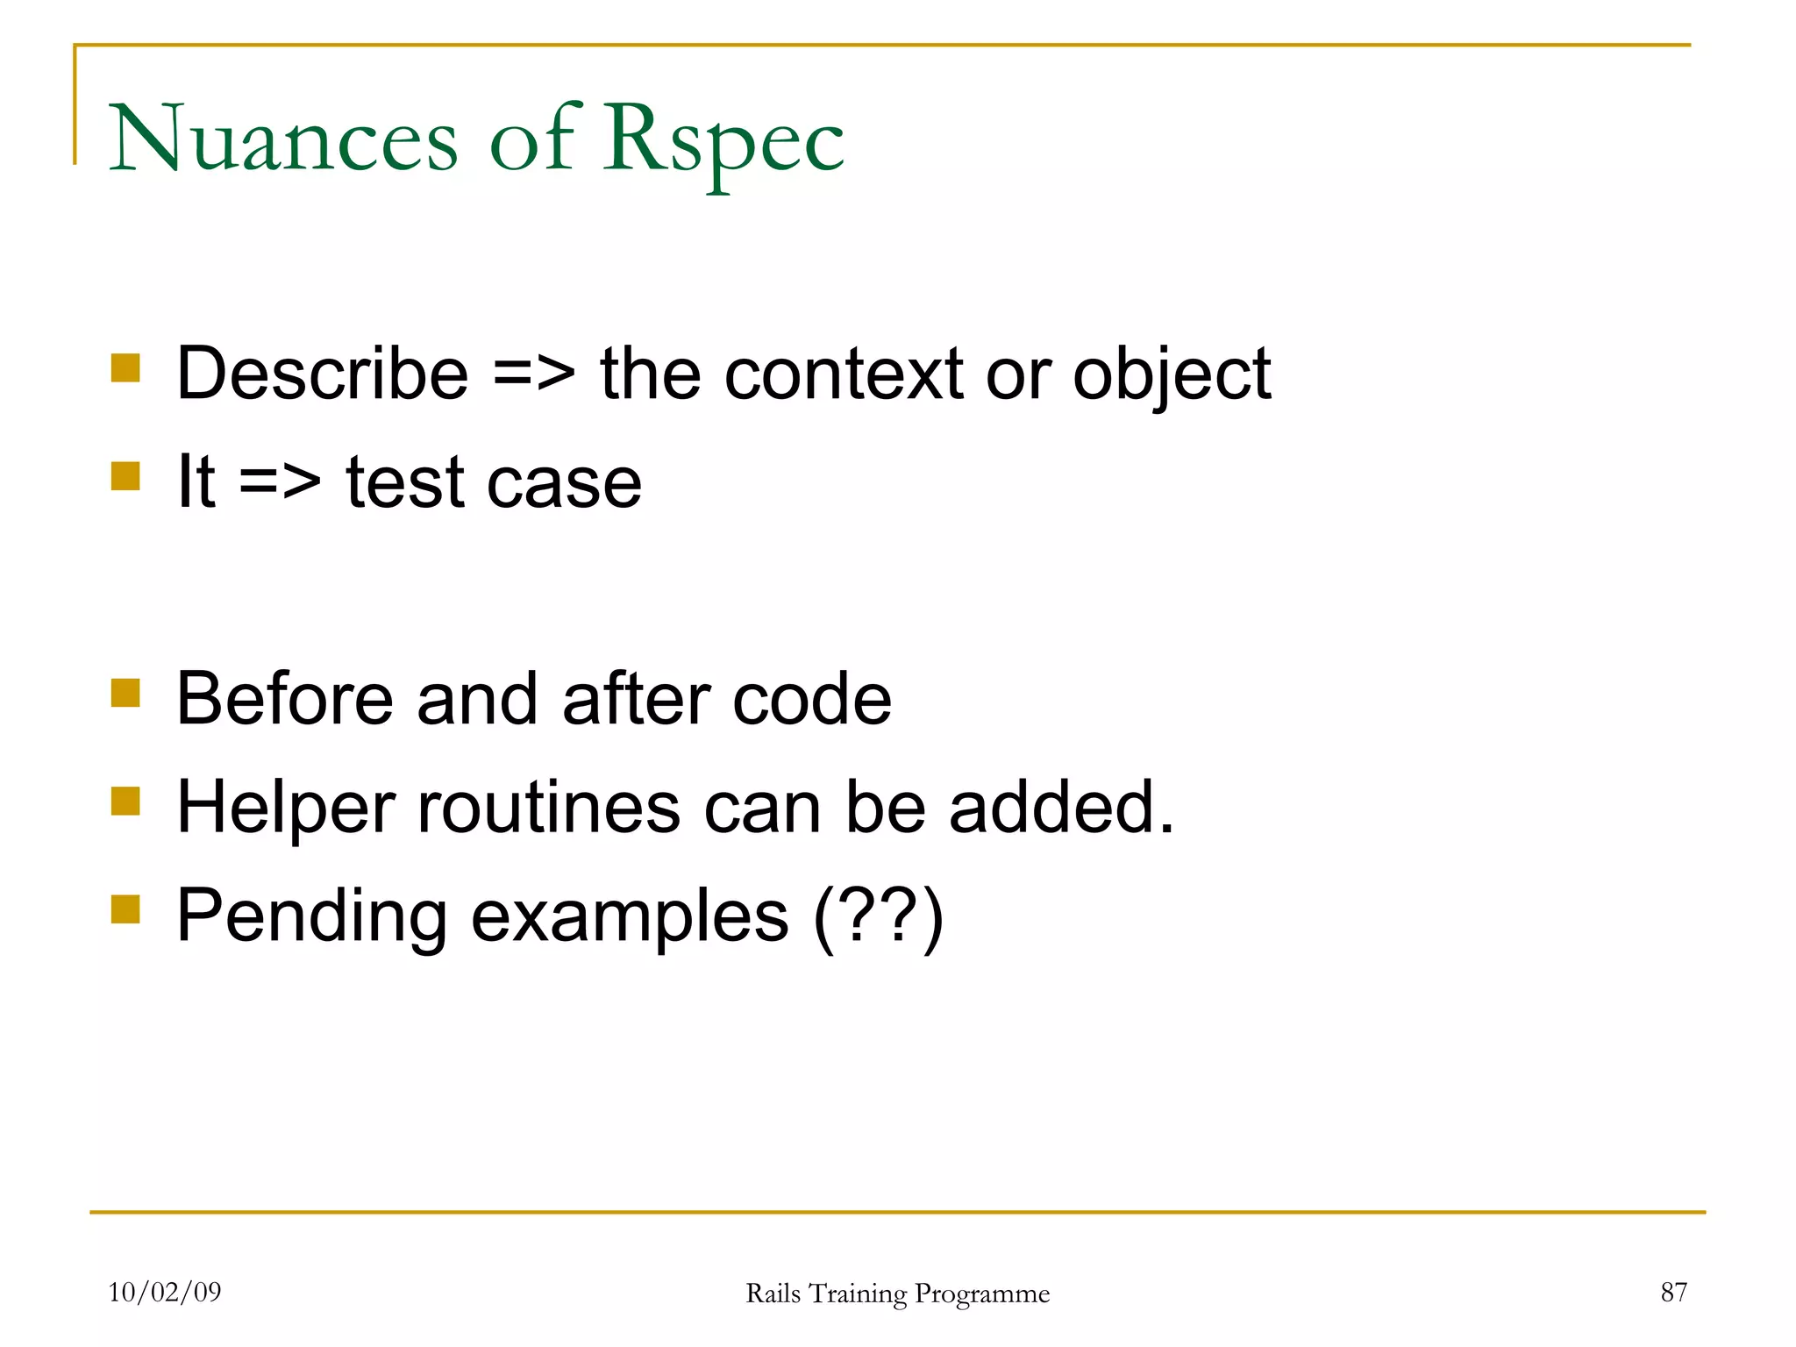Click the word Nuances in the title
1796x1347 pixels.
282,140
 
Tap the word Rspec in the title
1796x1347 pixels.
723,140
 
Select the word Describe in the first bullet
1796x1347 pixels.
323,374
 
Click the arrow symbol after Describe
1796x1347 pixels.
534,375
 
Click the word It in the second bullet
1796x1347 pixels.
196,481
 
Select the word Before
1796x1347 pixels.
285,699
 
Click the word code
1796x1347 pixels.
811,700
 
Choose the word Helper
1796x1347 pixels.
286,809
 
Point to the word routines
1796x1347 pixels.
549,809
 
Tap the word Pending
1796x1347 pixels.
312,917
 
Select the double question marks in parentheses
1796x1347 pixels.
879,917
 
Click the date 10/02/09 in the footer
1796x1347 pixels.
165,1292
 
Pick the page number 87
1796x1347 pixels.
1673,1292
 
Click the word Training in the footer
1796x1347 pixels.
858,1294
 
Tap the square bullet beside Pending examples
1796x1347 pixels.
125,909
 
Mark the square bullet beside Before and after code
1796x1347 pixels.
125,692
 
